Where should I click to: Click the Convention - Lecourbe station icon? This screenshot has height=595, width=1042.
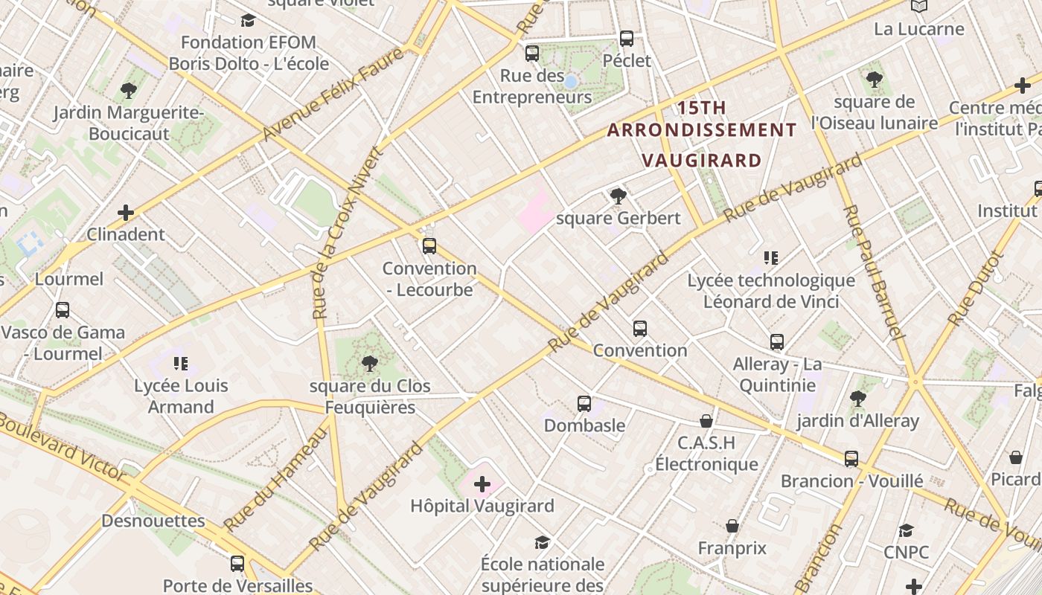(x=429, y=246)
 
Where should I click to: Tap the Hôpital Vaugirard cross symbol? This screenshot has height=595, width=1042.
(x=482, y=485)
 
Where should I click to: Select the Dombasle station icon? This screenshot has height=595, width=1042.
(x=584, y=404)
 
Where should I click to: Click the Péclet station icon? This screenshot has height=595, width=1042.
(x=627, y=39)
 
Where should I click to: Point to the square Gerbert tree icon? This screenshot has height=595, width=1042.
(x=618, y=196)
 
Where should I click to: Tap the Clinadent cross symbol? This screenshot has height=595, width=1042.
(x=126, y=213)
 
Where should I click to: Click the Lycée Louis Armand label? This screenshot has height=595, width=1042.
(x=181, y=396)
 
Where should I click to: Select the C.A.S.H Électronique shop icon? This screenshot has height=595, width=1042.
(x=706, y=422)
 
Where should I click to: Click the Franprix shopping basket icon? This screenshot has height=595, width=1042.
(x=732, y=527)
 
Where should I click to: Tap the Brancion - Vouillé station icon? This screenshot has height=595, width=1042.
(x=851, y=459)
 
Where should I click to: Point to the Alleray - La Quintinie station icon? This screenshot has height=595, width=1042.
(x=777, y=342)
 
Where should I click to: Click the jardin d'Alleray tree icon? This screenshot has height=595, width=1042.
(x=857, y=399)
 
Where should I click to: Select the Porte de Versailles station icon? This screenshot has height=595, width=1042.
(x=237, y=564)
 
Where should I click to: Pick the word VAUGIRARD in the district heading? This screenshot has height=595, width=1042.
(x=702, y=161)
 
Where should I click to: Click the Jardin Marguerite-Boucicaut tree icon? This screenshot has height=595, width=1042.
(x=128, y=91)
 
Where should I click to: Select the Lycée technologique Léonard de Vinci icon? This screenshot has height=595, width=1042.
(x=771, y=258)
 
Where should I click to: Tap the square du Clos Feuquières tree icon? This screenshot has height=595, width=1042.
(x=369, y=364)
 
